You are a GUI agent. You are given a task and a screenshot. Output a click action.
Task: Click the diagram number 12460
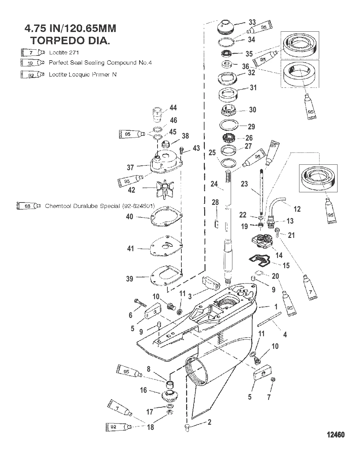click(x=336, y=435)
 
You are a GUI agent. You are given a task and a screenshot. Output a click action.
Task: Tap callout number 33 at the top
click(x=252, y=22)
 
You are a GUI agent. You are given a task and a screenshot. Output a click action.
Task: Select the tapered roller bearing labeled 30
click(x=231, y=110)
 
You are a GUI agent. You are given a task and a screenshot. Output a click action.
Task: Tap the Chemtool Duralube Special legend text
click(x=100, y=206)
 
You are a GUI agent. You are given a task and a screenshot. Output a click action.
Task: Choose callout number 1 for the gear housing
click(x=276, y=307)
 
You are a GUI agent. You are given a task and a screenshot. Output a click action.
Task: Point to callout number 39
click(x=130, y=279)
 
